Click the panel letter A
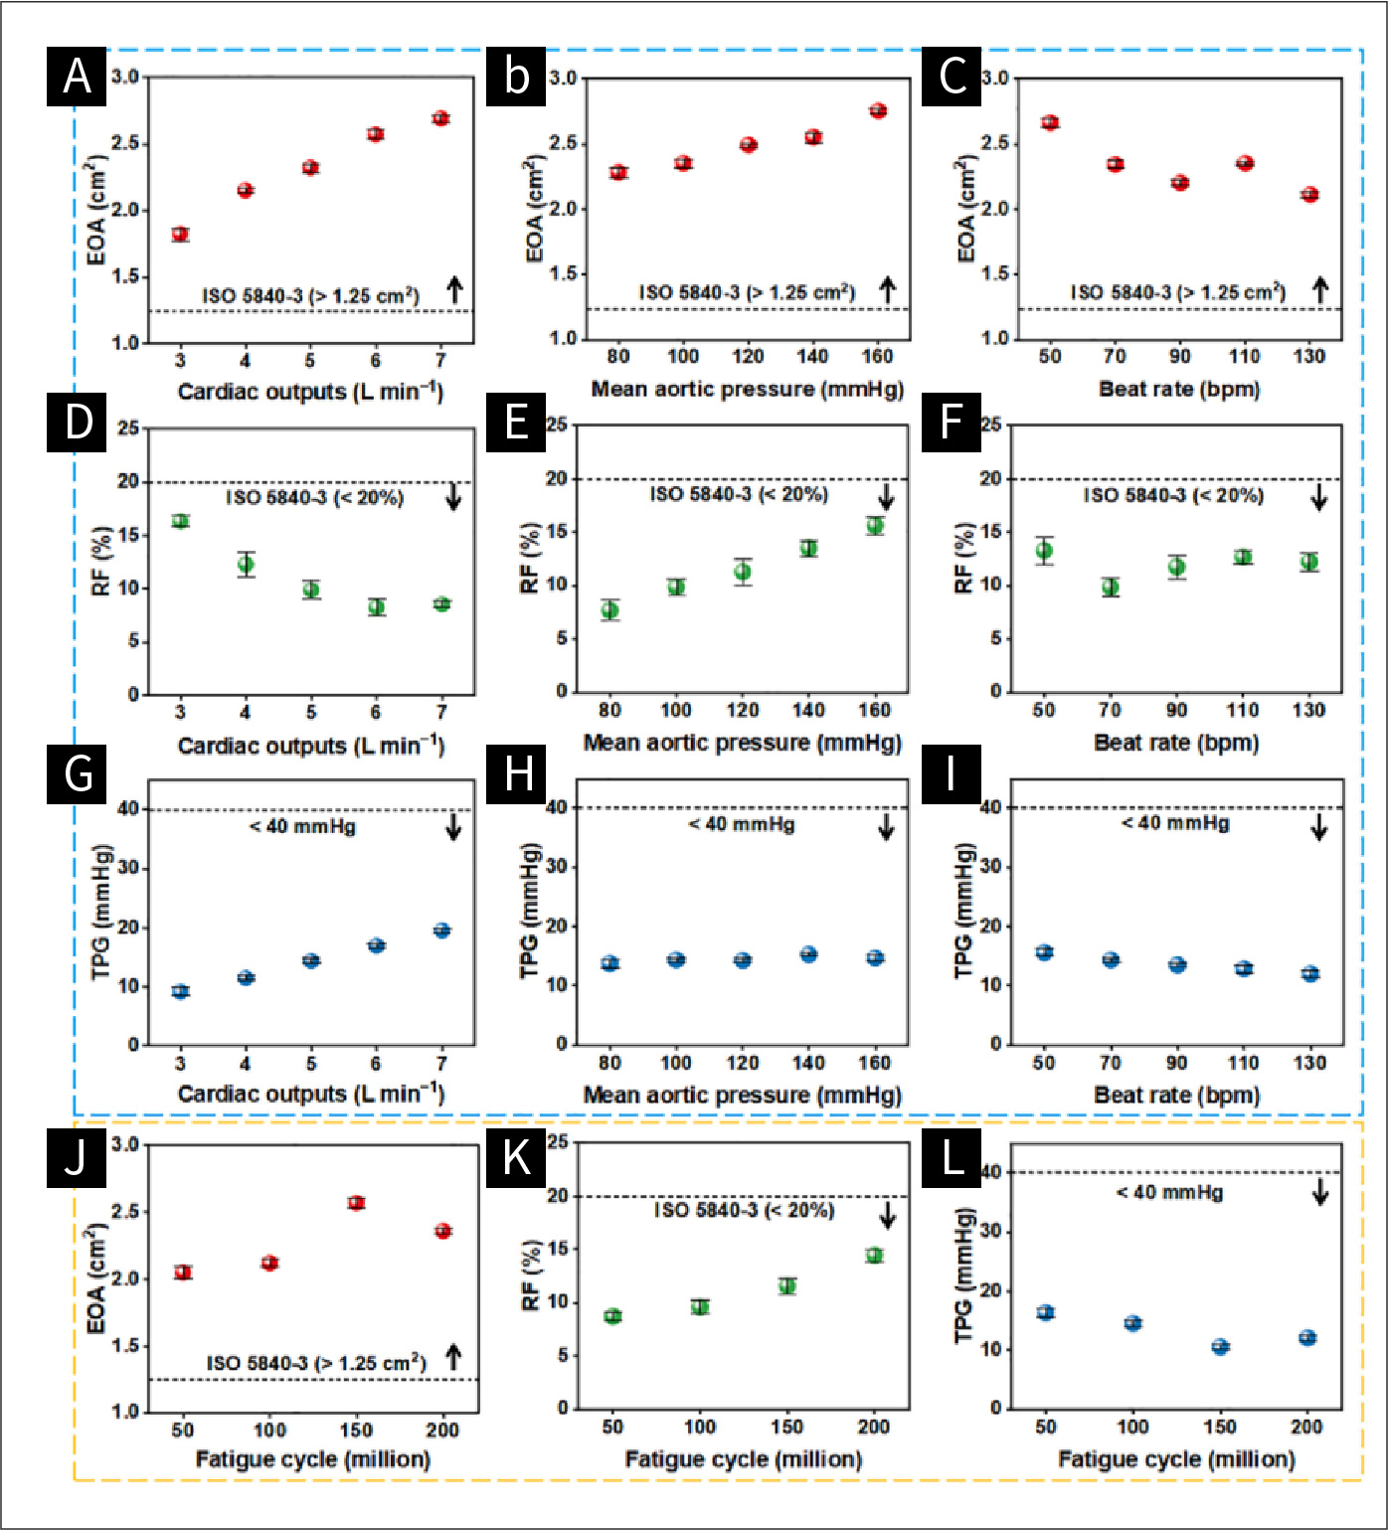pyautogui.click(x=77, y=77)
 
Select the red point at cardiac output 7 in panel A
pyautogui.click(x=440, y=118)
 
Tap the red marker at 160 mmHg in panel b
pyautogui.click(x=878, y=110)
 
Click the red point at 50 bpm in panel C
pyautogui.click(x=1050, y=122)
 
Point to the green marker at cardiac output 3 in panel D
pyautogui.click(x=180, y=521)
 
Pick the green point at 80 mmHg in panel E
pyautogui.click(x=610, y=610)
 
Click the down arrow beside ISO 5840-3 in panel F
pyautogui.click(x=1319, y=496)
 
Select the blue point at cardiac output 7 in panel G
pyautogui.click(x=441, y=931)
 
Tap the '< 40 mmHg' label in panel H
pyautogui.click(x=741, y=824)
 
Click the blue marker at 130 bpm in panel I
pyautogui.click(x=1310, y=973)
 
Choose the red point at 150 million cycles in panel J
pyautogui.click(x=356, y=1203)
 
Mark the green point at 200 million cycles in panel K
pyautogui.click(x=874, y=1256)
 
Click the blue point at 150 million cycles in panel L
pyautogui.click(x=1221, y=1347)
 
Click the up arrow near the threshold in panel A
pyautogui.click(x=454, y=289)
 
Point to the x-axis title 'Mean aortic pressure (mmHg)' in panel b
pyautogui.click(x=747, y=389)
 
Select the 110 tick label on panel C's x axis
pyautogui.click(x=1244, y=357)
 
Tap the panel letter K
pyautogui.click(x=516, y=1158)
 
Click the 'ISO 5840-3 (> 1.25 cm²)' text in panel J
pyautogui.click(x=316, y=1363)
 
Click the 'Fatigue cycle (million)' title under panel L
pyautogui.click(x=1176, y=1459)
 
